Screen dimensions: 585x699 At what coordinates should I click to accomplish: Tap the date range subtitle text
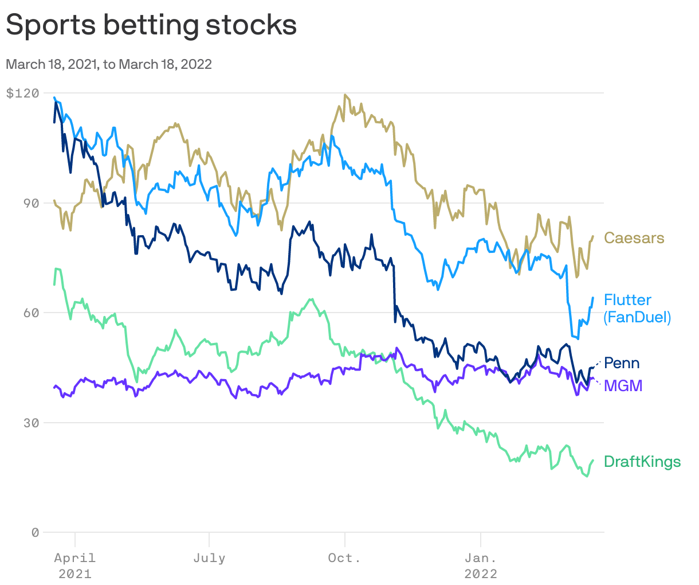(x=109, y=64)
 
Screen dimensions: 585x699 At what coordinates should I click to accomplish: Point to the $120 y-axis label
(x=22, y=93)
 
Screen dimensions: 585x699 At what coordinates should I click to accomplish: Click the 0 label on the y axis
(x=35, y=532)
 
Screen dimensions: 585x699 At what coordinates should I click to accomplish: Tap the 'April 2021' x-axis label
(x=75, y=565)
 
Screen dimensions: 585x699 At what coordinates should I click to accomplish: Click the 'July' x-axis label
(x=209, y=558)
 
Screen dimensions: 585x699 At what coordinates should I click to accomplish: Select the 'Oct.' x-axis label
(x=344, y=558)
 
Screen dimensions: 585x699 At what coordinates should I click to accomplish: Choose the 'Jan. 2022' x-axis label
(x=481, y=565)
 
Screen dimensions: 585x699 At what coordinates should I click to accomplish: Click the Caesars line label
(x=634, y=237)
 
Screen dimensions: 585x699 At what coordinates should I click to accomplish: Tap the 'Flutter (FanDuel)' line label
(x=637, y=309)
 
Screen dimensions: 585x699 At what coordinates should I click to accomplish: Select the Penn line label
(x=622, y=363)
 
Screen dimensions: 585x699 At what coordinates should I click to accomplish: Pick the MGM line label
(x=623, y=386)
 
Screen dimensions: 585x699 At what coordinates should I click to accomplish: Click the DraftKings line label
(x=642, y=462)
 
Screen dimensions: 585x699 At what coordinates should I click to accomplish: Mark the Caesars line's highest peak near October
(x=345, y=95)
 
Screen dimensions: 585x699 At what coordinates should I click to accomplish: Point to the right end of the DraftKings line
(x=593, y=460)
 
